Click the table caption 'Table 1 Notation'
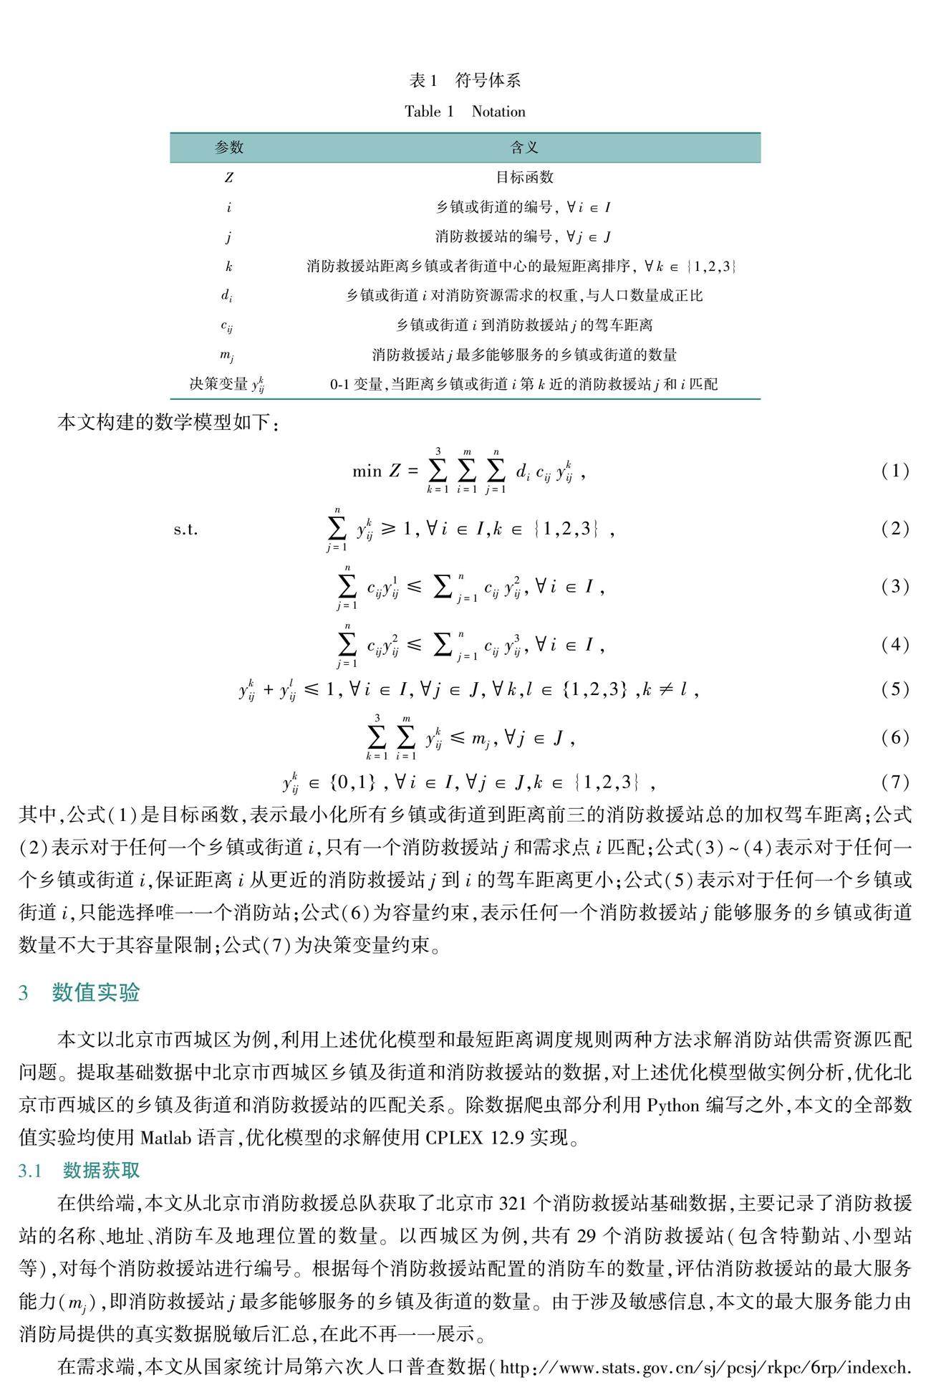point(465,112)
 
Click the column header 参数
point(229,148)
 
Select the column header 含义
point(524,148)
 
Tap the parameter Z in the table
point(229,178)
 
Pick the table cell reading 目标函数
point(524,178)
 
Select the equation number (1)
point(895,471)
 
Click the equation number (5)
point(895,689)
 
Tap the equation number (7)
point(895,782)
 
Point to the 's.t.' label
point(185,530)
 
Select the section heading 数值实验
point(96,992)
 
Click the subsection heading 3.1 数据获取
point(79,1170)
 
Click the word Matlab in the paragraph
point(167,1137)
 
